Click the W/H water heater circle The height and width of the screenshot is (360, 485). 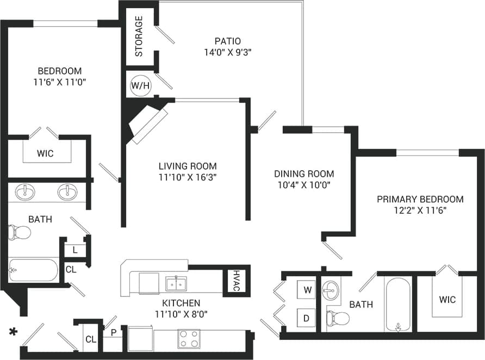(140, 85)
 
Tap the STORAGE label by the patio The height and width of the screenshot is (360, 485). (139, 36)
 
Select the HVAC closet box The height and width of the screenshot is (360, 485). (235, 281)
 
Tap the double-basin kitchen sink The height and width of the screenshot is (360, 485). (176, 283)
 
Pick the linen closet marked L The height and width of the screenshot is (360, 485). (74, 250)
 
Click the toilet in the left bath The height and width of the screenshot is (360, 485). (19, 233)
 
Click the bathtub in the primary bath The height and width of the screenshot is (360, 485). (399, 305)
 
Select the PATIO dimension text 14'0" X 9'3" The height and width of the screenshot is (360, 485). (227, 52)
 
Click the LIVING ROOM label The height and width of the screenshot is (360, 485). (187, 166)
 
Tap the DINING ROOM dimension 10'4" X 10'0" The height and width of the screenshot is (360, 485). (304, 184)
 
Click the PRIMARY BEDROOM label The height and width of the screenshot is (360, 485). (420, 199)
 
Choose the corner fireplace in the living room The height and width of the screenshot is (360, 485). (146, 123)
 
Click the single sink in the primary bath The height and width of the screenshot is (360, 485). (330, 290)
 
